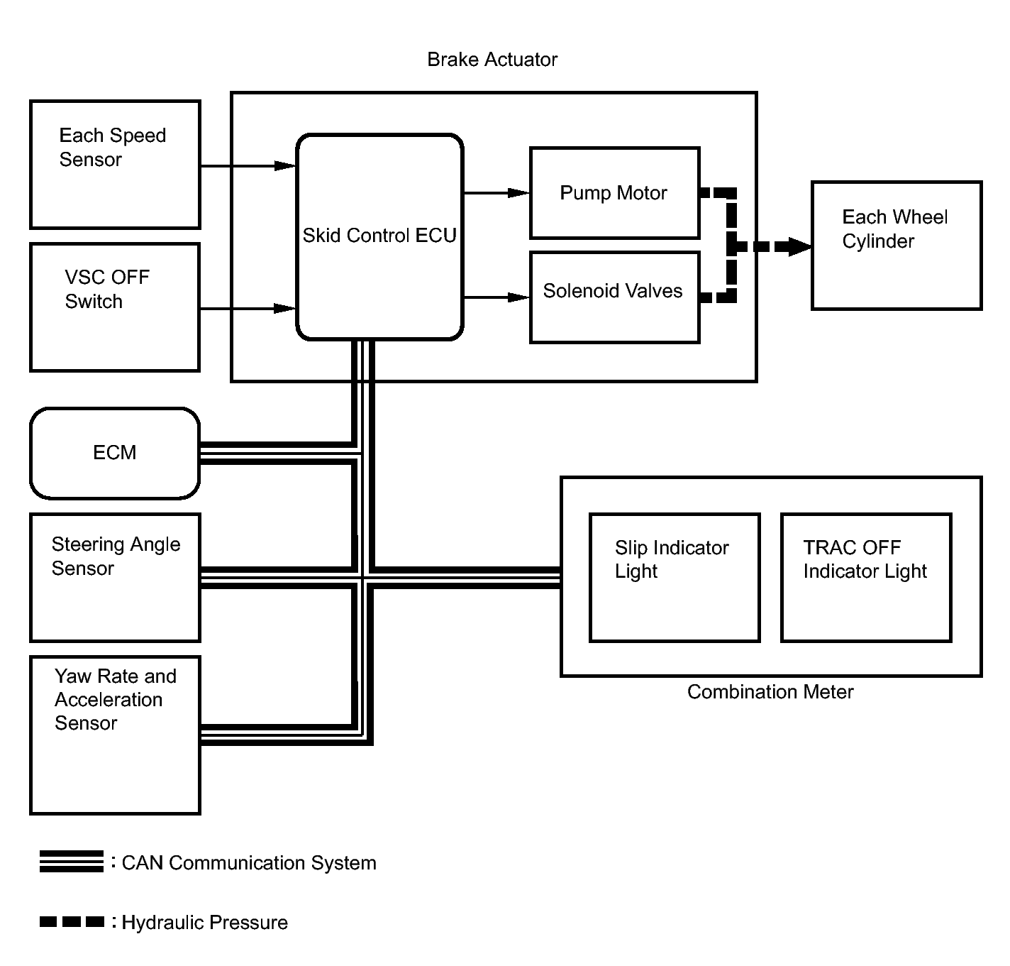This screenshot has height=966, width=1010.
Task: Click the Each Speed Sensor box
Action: click(x=115, y=165)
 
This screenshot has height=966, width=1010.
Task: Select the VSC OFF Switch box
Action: click(x=115, y=307)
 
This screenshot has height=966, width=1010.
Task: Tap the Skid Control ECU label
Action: click(x=379, y=236)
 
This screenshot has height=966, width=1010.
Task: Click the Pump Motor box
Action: click(x=614, y=193)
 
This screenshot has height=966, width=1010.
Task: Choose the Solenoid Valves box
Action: click(x=614, y=297)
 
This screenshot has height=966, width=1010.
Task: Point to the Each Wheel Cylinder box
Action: click(x=897, y=246)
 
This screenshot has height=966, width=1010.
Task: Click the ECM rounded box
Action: click(x=115, y=453)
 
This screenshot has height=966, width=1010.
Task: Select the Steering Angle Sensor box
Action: click(x=115, y=578)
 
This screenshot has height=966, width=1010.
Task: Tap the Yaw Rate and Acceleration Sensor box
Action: click(x=115, y=735)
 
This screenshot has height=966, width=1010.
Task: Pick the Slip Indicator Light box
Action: click(x=675, y=578)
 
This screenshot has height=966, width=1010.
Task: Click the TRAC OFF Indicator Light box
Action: click(x=865, y=578)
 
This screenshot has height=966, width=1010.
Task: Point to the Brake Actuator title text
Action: click(x=492, y=60)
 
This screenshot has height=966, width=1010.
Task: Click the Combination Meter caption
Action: click(x=770, y=692)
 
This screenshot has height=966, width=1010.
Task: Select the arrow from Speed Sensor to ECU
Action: click(x=248, y=166)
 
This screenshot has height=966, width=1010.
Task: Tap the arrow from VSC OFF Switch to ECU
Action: click(x=248, y=309)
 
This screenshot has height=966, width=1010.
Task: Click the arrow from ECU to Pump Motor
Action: click(x=496, y=192)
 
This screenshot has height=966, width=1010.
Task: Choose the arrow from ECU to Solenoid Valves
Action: click(x=496, y=297)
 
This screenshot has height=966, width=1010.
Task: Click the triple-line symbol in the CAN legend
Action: click(x=72, y=862)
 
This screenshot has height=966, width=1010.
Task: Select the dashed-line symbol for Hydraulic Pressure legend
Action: click(x=72, y=922)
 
